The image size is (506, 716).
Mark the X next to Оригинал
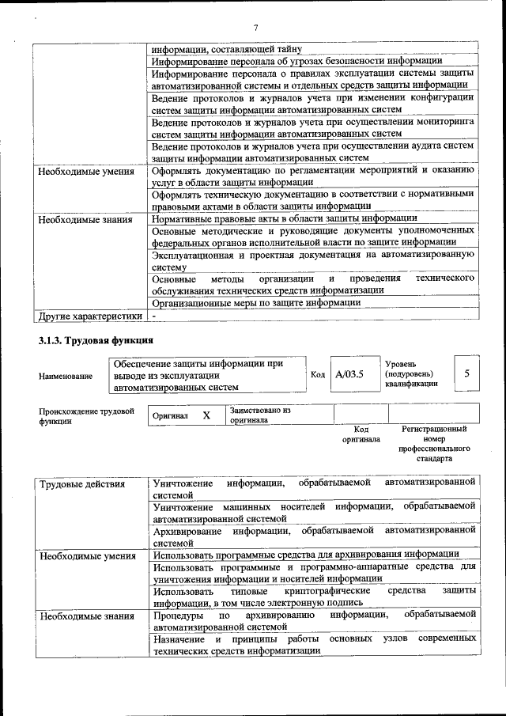click(x=206, y=415)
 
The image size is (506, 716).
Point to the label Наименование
click(x=66, y=376)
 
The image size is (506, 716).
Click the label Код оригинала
click(x=361, y=434)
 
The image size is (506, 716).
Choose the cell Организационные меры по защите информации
click(x=257, y=302)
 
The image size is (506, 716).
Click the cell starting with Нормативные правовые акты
click(x=285, y=218)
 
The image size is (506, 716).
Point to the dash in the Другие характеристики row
click(x=155, y=316)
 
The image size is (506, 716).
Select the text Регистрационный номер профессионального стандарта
click(x=434, y=443)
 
